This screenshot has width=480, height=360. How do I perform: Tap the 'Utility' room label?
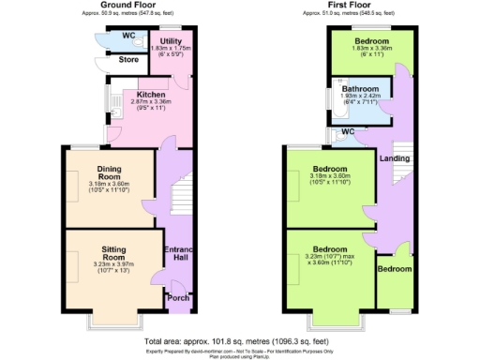point(171,41)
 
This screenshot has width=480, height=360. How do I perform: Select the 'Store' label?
point(128,60)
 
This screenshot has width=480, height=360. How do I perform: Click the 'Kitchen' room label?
point(151,95)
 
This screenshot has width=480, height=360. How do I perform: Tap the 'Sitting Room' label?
point(113,253)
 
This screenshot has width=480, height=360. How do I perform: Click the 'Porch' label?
point(176,298)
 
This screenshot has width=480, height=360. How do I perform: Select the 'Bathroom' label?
point(361,89)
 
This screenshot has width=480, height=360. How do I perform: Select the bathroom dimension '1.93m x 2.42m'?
point(361,96)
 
